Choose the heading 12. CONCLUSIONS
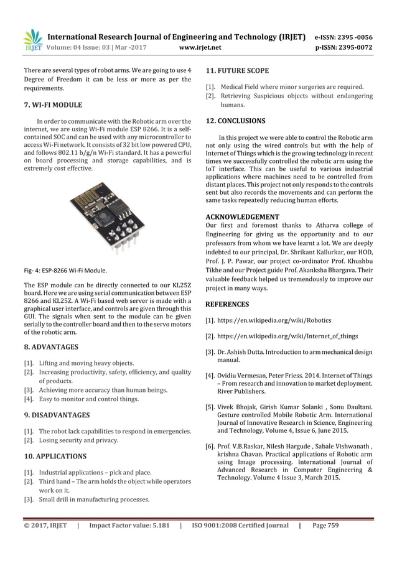235,120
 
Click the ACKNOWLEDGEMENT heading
242,216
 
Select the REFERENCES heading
227,304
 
